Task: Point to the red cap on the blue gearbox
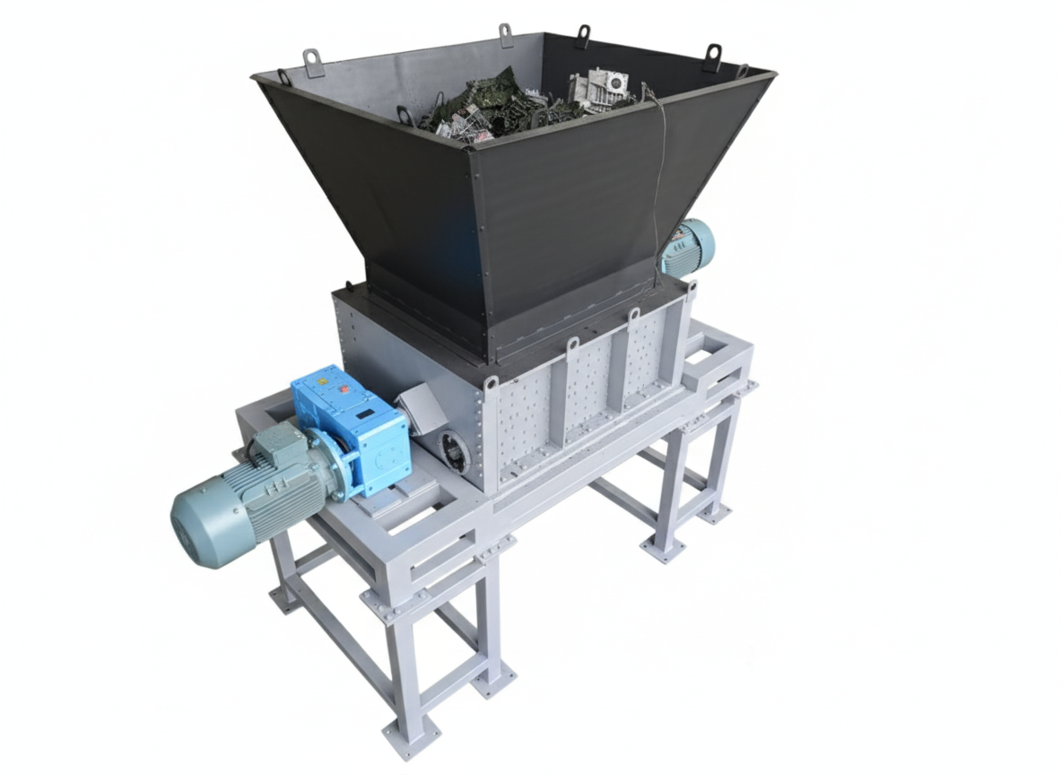(344, 390)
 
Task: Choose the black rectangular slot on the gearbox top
(365, 414)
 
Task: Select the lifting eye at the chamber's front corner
(491, 383)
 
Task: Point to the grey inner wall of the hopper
(377, 81)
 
